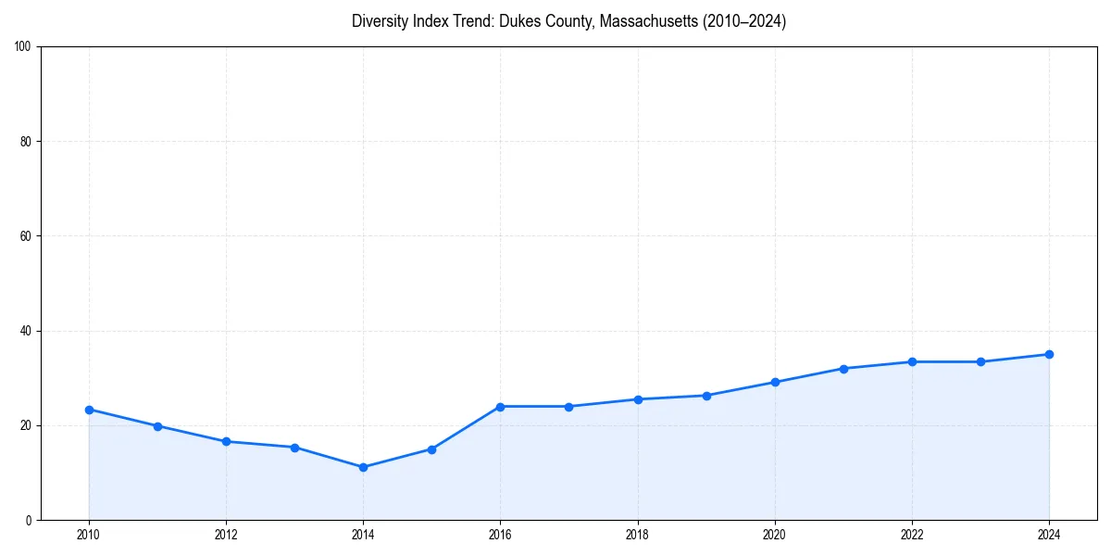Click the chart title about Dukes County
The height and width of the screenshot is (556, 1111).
[x=568, y=21]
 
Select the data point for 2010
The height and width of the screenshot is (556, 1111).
[x=89, y=410]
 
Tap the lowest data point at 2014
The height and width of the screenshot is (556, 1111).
[x=363, y=467]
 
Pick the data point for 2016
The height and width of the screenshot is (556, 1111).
[x=500, y=407]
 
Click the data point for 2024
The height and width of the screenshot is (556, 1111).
[x=1049, y=354]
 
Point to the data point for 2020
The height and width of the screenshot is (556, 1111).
[x=775, y=382]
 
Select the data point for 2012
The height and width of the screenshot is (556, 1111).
[x=226, y=441]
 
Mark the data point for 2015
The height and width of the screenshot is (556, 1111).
[x=431, y=449]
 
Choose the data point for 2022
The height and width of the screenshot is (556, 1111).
[x=912, y=361]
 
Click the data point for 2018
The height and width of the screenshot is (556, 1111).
[x=637, y=399]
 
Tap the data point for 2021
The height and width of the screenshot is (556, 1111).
[x=843, y=369]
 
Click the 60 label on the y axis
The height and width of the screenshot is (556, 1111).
[x=26, y=236]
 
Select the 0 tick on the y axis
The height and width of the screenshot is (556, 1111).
[x=30, y=520]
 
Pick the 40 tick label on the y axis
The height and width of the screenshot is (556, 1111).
[x=26, y=331]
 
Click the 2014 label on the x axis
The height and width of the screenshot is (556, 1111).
[x=363, y=535]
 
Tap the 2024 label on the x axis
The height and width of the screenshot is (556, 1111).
[x=1049, y=535]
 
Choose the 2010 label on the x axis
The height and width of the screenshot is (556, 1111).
[x=89, y=535]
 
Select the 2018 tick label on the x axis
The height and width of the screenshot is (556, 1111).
[x=637, y=535]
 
